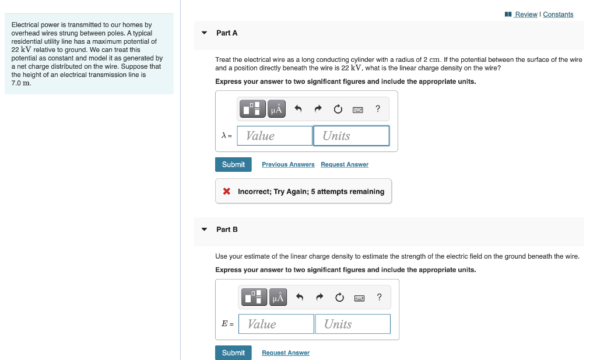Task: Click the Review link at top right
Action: (x=526, y=15)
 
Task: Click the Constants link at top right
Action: (x=558, y=15)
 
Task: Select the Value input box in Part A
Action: (x=275, y=136)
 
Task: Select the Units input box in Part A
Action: (x=351, y=136)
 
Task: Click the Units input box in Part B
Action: (x=353, y=324)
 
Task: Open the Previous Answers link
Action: (x=288, y=165)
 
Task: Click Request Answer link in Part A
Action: (x=345, y=165)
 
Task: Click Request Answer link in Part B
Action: (x=286, y=353)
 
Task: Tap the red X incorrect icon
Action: (x=227, y=192)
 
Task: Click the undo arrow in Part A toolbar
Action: (x=298, y=109)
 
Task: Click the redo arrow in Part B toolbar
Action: (x=319, y=297)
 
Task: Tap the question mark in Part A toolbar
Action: (x=378, y=108)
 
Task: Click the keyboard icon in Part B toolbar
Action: (x=359, y=298)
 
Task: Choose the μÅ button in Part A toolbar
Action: (x=276, y=109)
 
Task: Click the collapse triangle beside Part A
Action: (x=204, y=33)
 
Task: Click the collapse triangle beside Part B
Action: (x=204, y=230)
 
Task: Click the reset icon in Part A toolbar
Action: (x=338, y=109)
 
